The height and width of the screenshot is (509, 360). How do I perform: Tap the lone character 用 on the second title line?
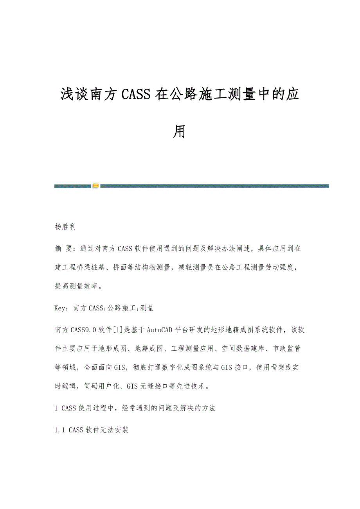(x=180, y=132)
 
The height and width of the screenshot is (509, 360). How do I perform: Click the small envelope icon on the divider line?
(x=95, y=186)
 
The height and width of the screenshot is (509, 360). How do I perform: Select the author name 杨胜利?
(x=65, y=227)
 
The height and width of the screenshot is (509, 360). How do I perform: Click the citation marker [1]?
(x=119, y=330)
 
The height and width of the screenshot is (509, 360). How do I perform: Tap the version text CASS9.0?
(x=84, y=330)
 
